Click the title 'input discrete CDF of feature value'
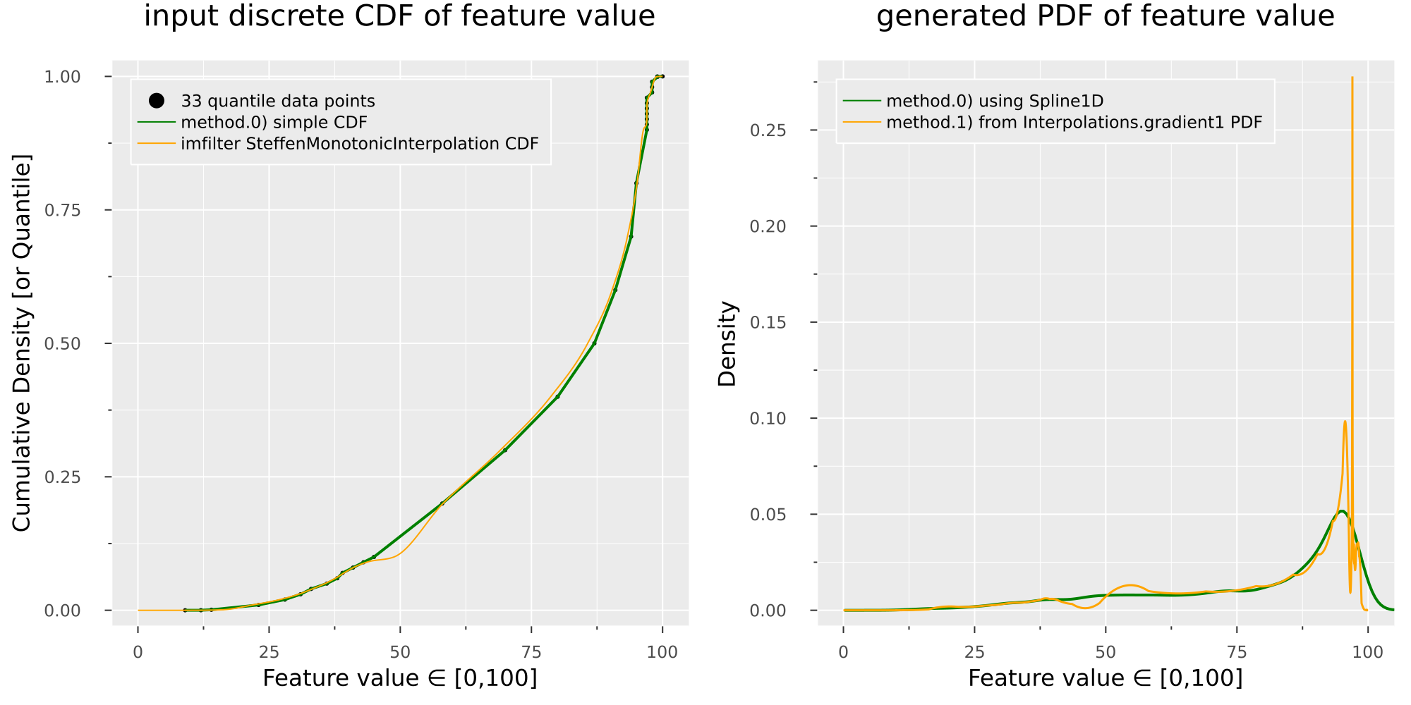399,16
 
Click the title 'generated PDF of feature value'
1105,16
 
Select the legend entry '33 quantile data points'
278,102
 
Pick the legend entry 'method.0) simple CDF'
274,123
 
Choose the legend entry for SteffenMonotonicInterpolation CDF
359,144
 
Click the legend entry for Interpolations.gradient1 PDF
1074,123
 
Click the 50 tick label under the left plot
400,652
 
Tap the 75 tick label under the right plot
1237,652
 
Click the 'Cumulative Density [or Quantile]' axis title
22,343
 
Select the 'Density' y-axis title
727,343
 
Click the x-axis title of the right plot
1105,678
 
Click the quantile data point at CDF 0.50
594,343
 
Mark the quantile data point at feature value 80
557,396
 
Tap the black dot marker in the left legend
157,101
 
